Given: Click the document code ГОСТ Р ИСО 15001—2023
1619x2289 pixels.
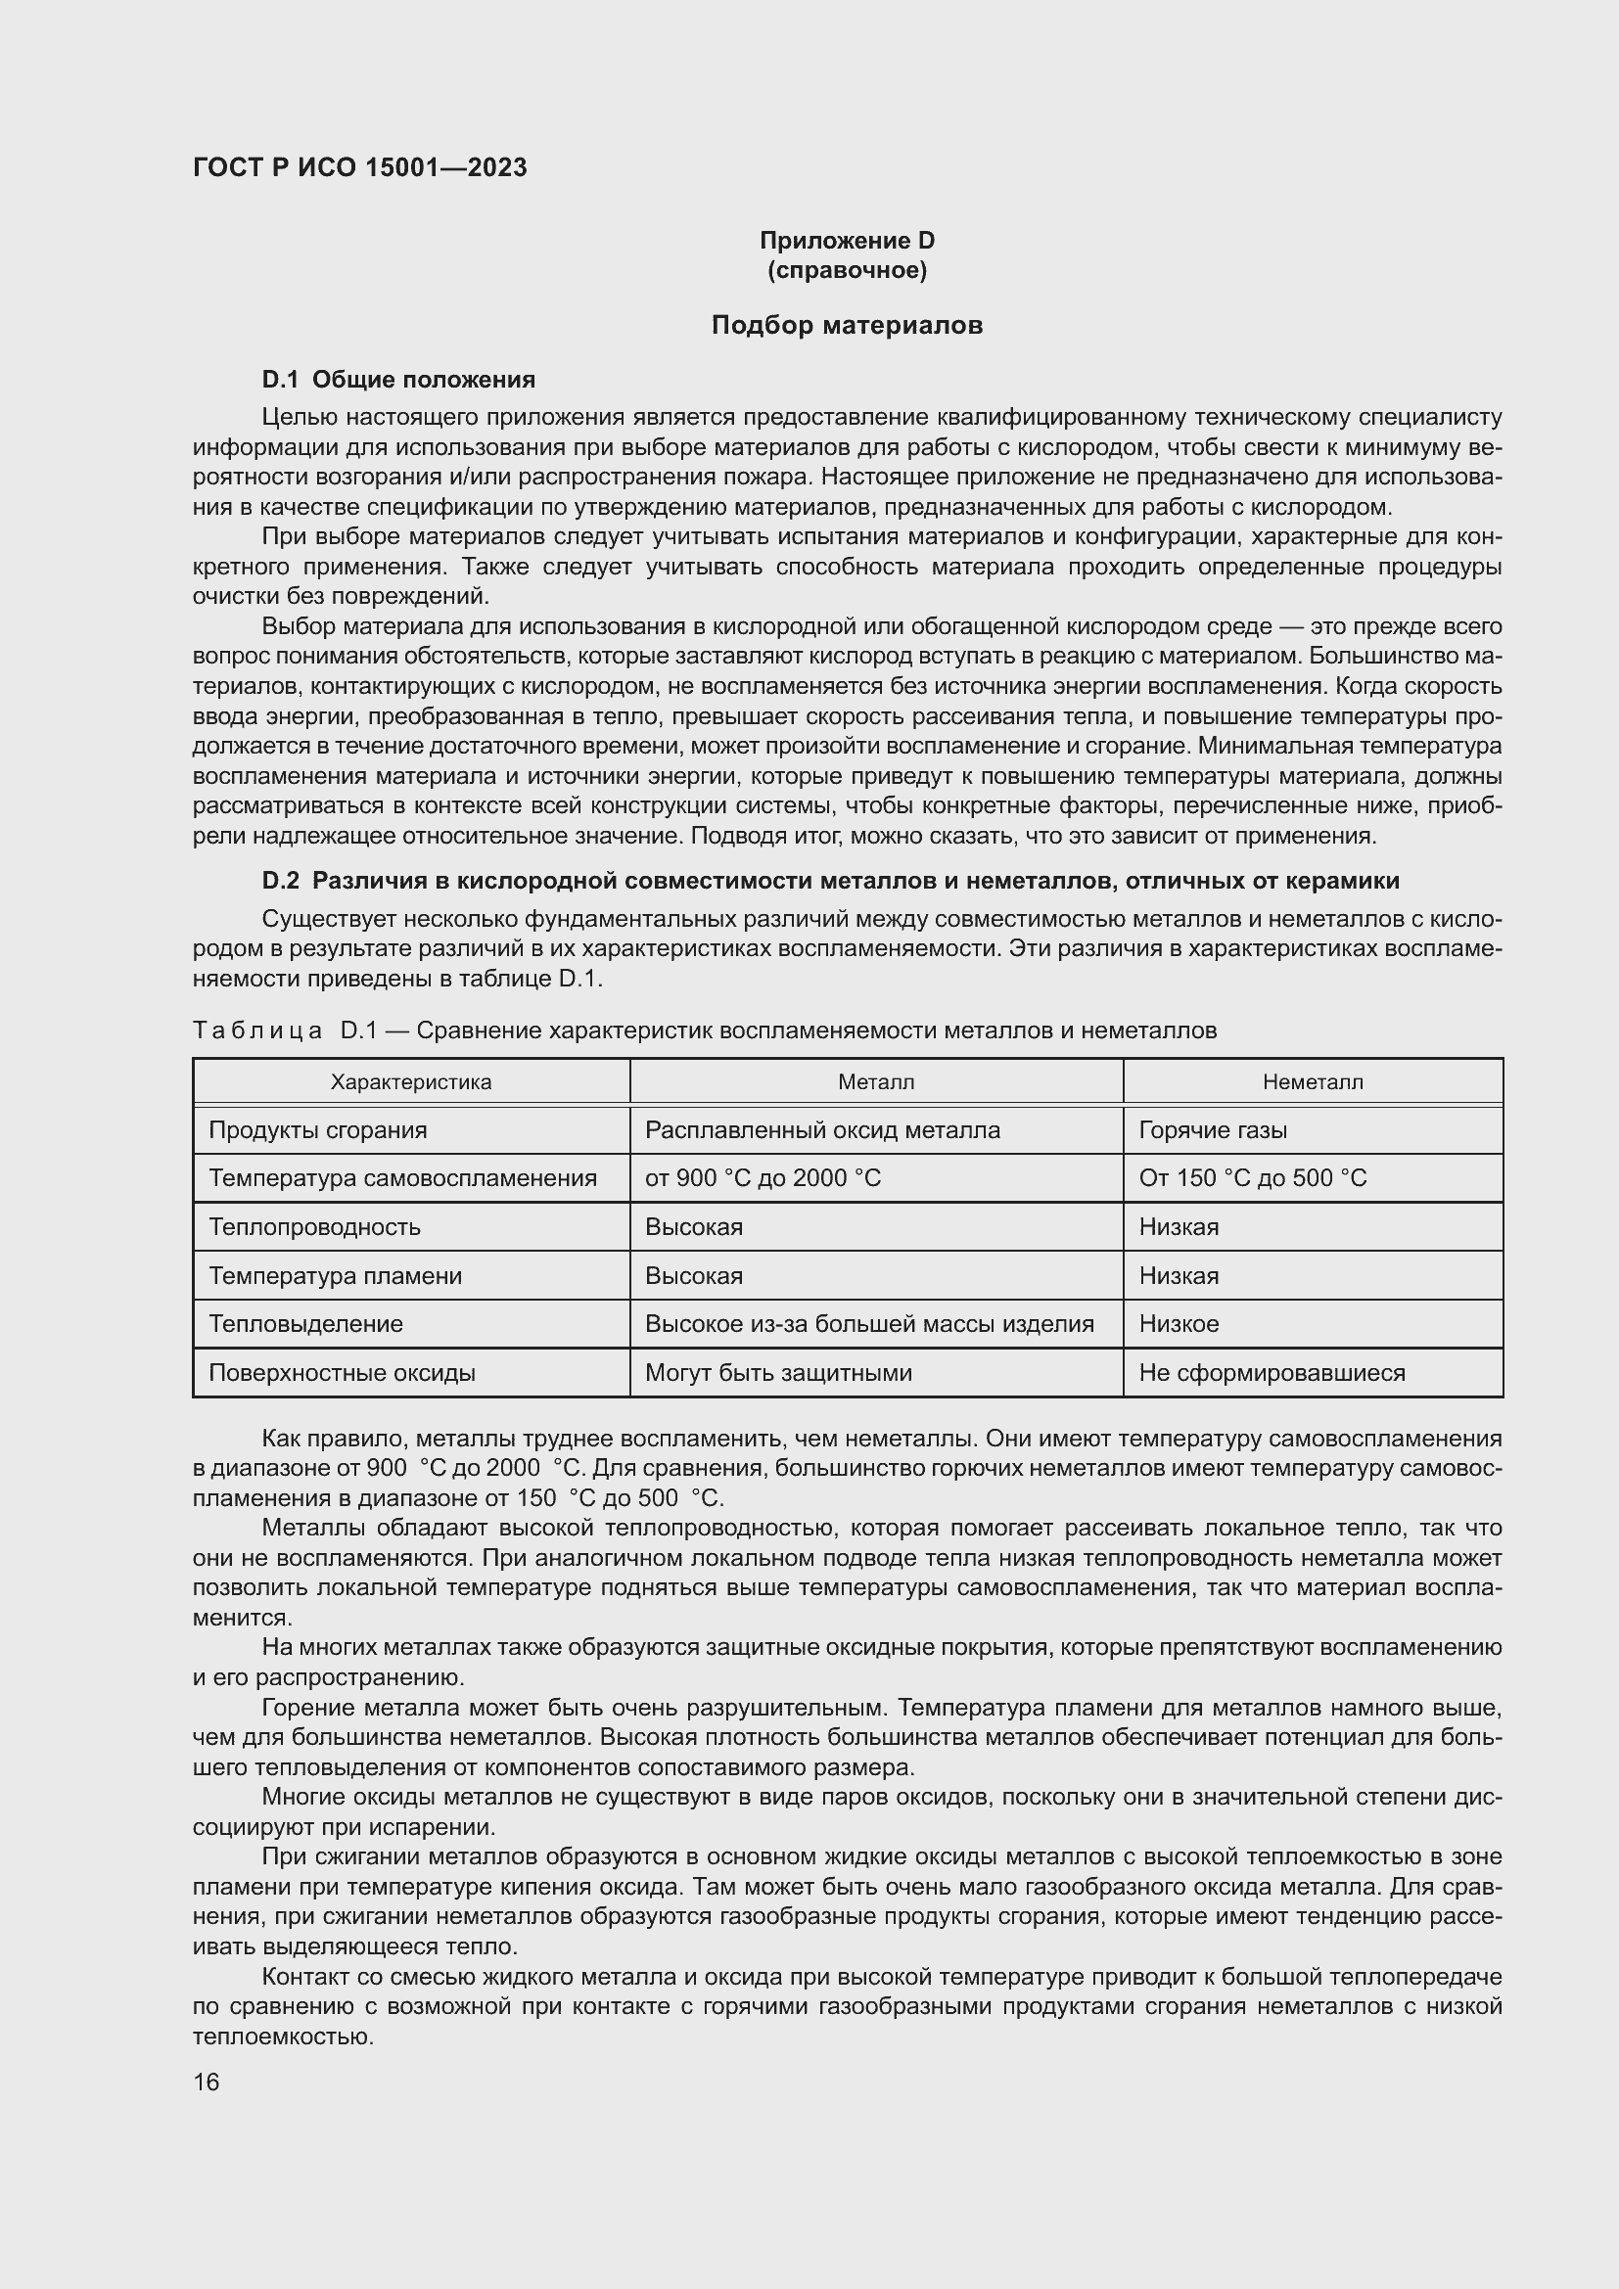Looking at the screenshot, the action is click(x=359, y=167).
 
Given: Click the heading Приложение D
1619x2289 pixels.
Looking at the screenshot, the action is click(x=847, y=241).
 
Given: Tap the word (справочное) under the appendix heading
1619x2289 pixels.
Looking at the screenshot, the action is click(x=847, y=270).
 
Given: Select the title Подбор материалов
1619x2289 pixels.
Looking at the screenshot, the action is click(x=847, y=325).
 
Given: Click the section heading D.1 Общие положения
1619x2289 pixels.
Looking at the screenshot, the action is click(x=397, y=380).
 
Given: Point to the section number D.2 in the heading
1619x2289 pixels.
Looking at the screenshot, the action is click(x=280, y=881).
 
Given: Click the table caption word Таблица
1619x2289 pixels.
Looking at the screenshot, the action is click(x=256, y=1030).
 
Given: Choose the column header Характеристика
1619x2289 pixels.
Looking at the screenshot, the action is click(x=411, y=1081).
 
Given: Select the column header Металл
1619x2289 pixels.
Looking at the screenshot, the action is click(x=875, y=1081).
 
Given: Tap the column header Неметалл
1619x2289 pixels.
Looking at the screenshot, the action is click(x=1312, y=1081).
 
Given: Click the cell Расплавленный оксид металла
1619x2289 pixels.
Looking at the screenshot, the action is click(x=821, y=1130).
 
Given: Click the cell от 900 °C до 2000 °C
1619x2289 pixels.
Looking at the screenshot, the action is click(x=763, y=1178).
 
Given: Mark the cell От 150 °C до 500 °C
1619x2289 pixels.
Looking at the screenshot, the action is click(x=1252, y=1178).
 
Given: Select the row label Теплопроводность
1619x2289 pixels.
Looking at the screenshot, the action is click(x=314, y=1227).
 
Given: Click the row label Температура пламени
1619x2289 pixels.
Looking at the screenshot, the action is click(x=335, y=1276).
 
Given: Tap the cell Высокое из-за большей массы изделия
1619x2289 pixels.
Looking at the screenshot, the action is click(x=868, y=1324).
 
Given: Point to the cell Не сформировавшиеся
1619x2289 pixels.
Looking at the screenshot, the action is click(x=1272, y=1373).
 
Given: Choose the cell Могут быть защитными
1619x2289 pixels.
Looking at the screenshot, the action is click(x=777, y=1373).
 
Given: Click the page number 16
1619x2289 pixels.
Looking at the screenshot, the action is click(x=207, y=2082).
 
